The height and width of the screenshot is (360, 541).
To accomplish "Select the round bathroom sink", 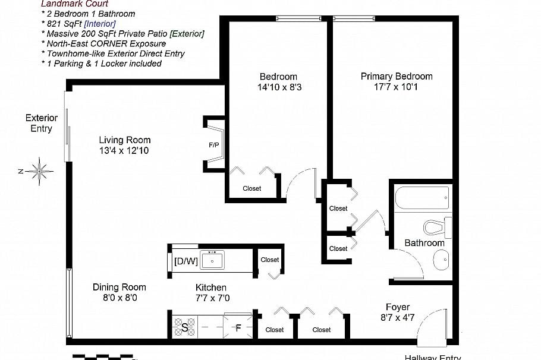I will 441,260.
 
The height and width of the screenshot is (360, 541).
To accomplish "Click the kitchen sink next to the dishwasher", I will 212,260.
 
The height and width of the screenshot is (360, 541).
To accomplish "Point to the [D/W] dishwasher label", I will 185,261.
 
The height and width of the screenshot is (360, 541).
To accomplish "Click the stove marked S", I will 184,326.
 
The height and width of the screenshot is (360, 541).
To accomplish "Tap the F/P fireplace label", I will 213,145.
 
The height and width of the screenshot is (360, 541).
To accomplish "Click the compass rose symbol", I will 39,171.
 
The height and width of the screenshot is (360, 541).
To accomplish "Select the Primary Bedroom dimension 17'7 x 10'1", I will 397,87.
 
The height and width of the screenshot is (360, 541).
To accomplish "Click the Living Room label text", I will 125,140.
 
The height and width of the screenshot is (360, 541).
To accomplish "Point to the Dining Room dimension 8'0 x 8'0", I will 119,298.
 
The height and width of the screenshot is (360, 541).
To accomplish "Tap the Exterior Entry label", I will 42,123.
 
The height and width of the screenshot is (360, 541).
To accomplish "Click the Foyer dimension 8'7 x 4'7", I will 397,318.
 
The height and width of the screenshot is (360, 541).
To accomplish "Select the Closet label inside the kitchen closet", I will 270,260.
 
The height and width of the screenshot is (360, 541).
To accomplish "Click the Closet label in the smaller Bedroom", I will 252,188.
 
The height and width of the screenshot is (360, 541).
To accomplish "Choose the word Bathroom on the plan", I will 424,243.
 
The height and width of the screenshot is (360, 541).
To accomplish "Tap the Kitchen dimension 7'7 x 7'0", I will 211,298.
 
